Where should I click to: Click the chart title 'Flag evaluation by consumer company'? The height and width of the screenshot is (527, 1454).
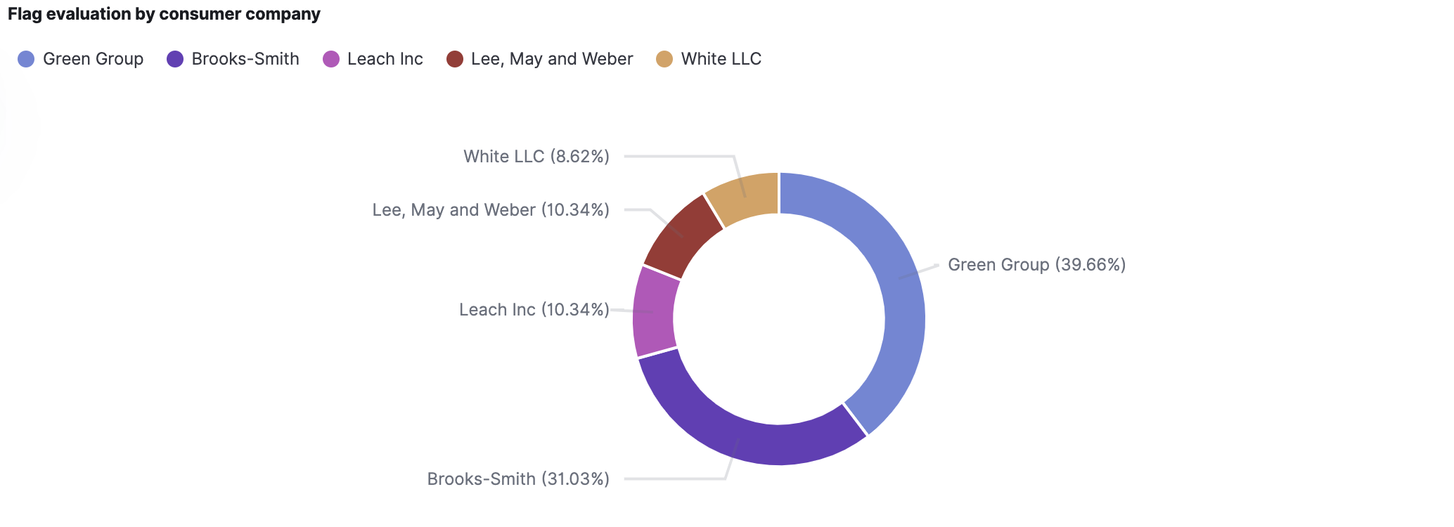pyautogui.click(x=164, y=14)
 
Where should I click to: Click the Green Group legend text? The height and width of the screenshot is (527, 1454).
pyautogui.click(x=93, y=59)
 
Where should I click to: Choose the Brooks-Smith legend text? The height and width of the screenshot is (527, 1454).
pyautogui.click(x=245, y=59)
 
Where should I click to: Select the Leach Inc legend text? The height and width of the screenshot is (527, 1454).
pyautogui.click(x=385, y=59)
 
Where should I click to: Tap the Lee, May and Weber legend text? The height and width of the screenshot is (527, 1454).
pyautogui.click(x=552, y=59)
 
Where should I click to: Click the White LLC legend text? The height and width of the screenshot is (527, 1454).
pyautogui.click(x=721, y=59)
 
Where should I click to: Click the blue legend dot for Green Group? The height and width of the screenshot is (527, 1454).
pyautogui.click(x=26, y=59)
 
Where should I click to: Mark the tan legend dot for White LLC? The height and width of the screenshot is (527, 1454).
pyautogui.click(x=664, y=59)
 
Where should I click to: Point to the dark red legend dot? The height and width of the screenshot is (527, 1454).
pyautogui.click(x=455, y=59)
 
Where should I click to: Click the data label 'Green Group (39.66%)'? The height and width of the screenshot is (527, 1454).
pyautogui.click(x=1036, y=265)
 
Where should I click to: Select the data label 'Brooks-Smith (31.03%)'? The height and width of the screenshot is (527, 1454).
pyautogui.click(x=518, y=479)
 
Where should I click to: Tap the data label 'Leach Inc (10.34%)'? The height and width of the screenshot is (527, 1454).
pyautogui.click(x=534, y=310)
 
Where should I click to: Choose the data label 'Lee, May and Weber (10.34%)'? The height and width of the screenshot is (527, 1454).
pyautogui.click(x=491, y=210)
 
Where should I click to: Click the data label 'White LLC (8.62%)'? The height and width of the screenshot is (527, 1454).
pyautogui.click(x=536, y=157)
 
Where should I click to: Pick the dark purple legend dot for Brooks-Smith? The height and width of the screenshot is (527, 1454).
pyautogui.click(x=175, y=59)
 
